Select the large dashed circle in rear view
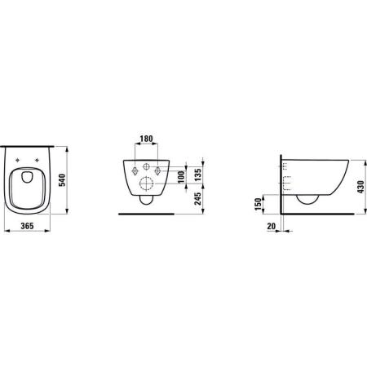148,180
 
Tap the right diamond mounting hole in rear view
161,170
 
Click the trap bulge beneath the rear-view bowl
148,197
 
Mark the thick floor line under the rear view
147,214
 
